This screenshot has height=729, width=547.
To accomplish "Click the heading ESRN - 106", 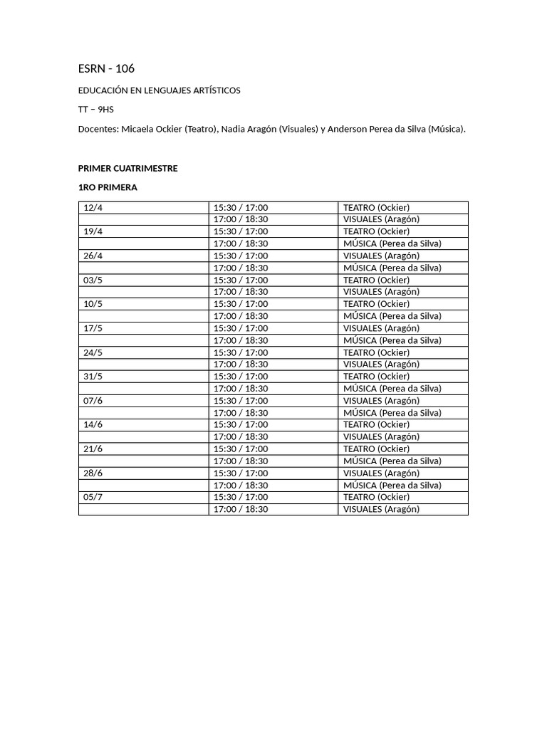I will (x=106, y=69).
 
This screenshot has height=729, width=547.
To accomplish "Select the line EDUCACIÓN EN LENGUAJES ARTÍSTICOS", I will (x=159, y=90).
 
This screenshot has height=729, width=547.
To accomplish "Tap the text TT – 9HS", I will (x=95, y=110).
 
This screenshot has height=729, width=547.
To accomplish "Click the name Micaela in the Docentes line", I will (x=140, y=129).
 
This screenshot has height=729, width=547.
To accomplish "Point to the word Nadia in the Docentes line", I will (x=234, y=129).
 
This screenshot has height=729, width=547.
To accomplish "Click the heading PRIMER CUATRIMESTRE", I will (x=127, y=169).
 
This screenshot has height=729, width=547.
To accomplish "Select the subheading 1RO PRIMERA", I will (x=108, y=187).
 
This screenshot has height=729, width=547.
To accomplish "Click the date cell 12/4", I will (x=93, y=207).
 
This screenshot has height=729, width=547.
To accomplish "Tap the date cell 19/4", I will (x=93, y=231).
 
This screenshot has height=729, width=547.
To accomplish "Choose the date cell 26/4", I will (x=93, y=256).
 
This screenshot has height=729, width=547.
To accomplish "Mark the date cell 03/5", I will (x=93, y=280).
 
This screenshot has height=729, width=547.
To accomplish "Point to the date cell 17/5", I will (x=93, y=328).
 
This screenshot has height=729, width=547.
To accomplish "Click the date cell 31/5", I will (x=93, y=376).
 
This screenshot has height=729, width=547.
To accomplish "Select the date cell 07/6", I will (x=93, y=400).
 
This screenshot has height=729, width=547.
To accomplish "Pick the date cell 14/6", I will (x=93, y=424).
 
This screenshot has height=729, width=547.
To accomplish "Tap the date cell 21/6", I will (x=93, y=449).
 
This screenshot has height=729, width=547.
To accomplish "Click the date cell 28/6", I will (x=93, y=473).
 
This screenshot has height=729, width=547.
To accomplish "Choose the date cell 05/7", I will (x=93, y=497).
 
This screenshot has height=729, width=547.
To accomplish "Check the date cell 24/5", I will (x=93, y=352).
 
